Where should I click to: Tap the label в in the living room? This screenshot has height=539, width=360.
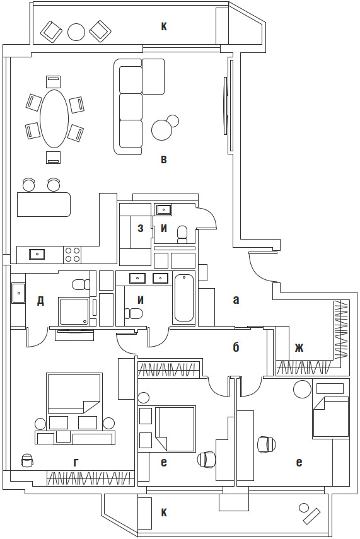[x=164, y=159]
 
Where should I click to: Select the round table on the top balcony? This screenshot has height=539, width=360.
[x=76, y=32]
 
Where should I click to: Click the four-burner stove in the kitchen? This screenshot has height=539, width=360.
[x=73, y=255]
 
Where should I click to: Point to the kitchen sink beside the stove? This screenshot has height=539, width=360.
[x=37, y=255]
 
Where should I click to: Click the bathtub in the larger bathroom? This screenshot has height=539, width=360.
[x=184, y=298]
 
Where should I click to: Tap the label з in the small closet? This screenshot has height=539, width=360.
[x=141, y=228]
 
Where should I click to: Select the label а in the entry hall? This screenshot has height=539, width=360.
[x=236, y=300]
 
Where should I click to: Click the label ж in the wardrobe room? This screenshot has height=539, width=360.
[x=299, y=347]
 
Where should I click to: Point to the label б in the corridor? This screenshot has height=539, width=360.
[x=236, y=347]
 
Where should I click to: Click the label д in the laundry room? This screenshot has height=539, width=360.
[x=40, y=301]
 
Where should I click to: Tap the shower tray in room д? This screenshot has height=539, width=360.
[x=74, y=312]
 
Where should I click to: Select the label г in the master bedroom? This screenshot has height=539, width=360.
[x=76, y=463]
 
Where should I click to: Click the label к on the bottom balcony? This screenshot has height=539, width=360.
[x=164, y=513]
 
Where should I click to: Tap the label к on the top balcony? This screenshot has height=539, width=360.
[x=164, y=26]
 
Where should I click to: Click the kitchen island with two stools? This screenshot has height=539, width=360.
[x=44, y=204]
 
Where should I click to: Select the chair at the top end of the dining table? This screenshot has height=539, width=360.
[x=54, y=83]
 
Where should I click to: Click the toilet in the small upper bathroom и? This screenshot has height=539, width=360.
[x=183, y=234]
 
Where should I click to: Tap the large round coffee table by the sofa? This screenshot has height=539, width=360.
[x=161, y=130]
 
